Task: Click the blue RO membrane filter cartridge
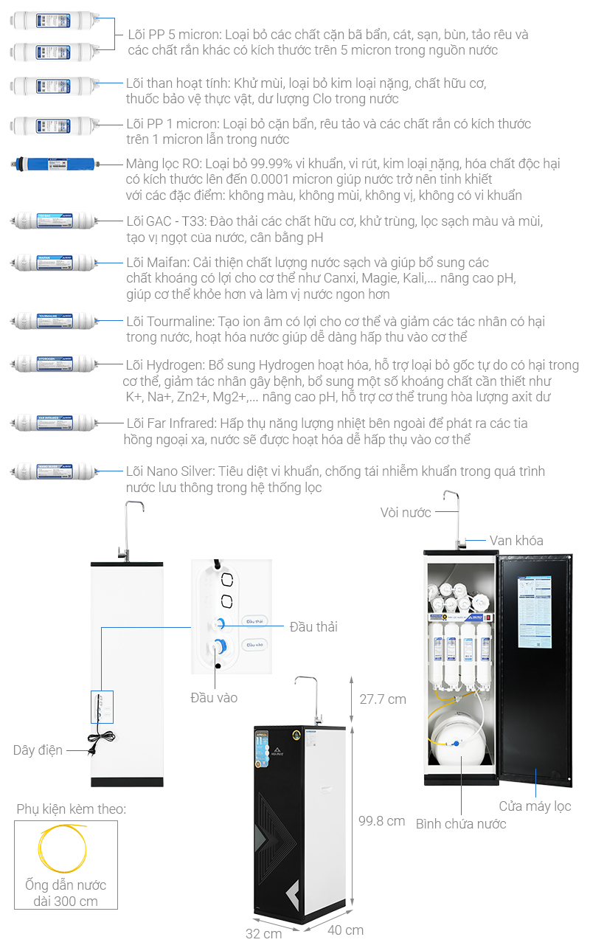click(x=54, y=165)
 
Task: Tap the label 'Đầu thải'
click(x=313, y=627)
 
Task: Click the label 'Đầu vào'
click(x=214, y=697)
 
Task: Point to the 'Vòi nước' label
click(x=406, y=512)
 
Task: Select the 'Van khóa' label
click(x=516, y=541)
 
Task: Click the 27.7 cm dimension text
click(x=382, y=699)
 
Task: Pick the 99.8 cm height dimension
click(x=381, y=820)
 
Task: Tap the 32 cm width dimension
click(x=263, y=933)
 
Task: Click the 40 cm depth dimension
click(x=345, y=930)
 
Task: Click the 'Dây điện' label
click(x=38, y=750)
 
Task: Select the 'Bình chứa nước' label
click(x=461, y=824)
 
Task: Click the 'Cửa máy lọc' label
click(x=535, y=806)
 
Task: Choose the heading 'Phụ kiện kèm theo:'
click(x=72, y=810)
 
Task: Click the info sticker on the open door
click(x=535, y=612)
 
